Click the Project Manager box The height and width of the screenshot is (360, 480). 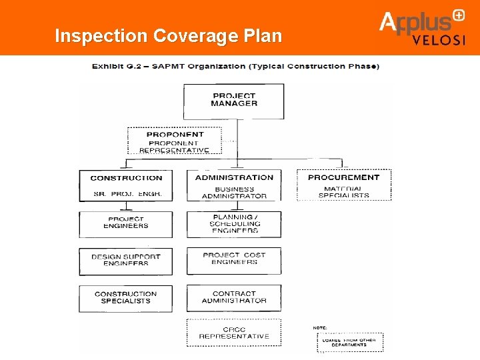coord(233,101)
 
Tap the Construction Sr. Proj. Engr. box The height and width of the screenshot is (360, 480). coord(126,185)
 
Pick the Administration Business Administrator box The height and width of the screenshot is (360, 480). coord(234,185)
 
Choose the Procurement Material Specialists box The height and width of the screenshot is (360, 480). coord(343,185)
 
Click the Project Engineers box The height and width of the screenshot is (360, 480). coord(126,223)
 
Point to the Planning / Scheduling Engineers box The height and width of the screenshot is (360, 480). coord(234,223)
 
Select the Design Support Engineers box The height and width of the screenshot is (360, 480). coord(126,261)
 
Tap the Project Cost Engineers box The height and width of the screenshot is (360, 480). coord(234,261)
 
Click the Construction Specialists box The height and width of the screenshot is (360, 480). coord(126,298)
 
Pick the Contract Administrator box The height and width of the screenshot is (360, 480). coord(234,298)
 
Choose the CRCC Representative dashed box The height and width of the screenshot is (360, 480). coord(234,333)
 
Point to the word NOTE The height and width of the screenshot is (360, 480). coord(321,327)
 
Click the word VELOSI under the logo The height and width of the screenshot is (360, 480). coord(439,39)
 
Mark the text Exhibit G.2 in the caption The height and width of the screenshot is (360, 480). coord(115,66)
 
